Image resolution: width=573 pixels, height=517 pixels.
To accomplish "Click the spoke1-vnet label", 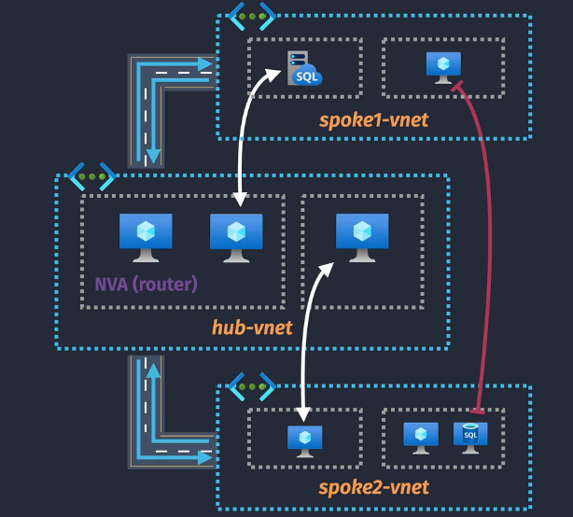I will tap(373, 119).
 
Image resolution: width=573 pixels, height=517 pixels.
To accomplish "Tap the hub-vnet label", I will tap(252, 327).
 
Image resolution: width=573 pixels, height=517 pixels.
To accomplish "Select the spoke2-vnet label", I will tap(373, 487).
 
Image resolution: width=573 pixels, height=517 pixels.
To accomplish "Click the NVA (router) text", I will tap(146, 283).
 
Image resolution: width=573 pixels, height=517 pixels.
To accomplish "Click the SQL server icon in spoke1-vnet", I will tap(304, 69).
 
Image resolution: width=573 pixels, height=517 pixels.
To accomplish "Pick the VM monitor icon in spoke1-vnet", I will tap(443, 64).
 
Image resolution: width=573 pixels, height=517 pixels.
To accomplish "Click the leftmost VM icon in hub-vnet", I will tap(146, 237).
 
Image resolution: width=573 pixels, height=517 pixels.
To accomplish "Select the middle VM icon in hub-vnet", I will tap(236, 237).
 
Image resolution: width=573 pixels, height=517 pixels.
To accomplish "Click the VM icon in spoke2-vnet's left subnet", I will tap(304, 440).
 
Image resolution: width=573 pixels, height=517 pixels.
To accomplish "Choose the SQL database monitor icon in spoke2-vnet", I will tap(470, 436).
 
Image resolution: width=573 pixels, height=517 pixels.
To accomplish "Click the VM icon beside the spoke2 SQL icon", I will tap(421, 436).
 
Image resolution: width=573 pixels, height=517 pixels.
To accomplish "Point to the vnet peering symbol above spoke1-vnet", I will tap(252, 16).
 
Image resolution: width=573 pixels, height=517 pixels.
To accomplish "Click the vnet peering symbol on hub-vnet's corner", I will tap(91, 175).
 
